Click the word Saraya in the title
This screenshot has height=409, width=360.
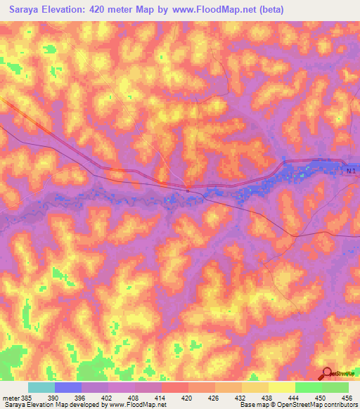click(26, 9)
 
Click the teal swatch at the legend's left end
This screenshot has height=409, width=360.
click(41, 387)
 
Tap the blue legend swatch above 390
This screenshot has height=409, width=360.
click(68, 387)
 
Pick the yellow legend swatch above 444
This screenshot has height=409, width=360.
click(282, 387)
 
